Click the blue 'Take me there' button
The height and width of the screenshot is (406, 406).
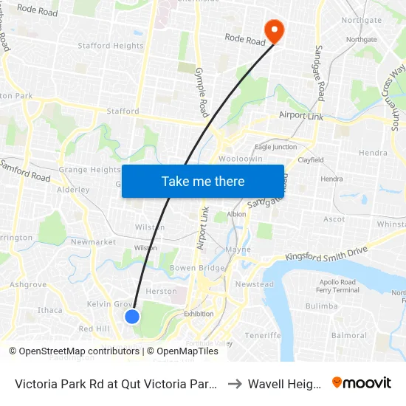[x=202, y=181]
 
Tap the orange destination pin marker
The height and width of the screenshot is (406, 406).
[x=275, y=31]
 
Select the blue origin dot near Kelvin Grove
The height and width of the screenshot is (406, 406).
[x=132, y=317]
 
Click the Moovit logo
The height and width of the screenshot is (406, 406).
[x=362, y=383]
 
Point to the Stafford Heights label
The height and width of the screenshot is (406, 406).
[x=111, y=46]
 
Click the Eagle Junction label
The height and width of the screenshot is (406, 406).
[x=275, y=147]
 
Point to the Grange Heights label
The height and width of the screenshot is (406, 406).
[x=89, y=170]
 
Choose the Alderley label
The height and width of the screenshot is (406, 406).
[x=73, y=190]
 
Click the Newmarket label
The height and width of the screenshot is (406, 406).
[x=93, y=242]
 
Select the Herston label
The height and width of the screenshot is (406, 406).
[x=162, y=292]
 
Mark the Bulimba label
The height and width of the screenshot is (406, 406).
[x=321, y=306]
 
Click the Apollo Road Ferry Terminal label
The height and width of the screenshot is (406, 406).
[x=337, y=286]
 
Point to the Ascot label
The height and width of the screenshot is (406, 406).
[x=334, y=219]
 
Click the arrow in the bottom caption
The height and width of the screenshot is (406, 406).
[x=233, y=384]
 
